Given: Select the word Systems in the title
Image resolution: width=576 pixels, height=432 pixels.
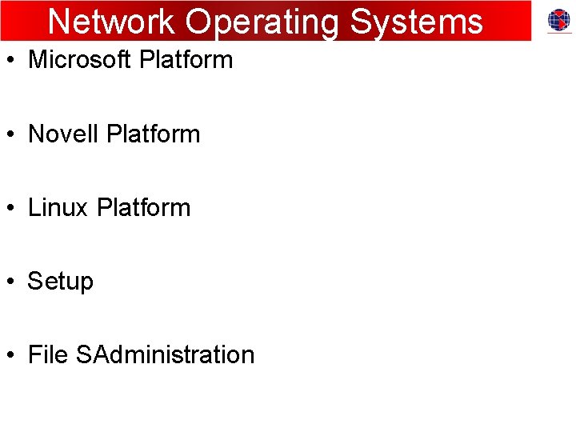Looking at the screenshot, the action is coord(417,22).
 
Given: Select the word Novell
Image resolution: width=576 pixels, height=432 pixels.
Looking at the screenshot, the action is coord(63,134).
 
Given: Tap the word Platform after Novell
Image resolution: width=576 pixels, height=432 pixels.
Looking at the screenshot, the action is coord(153,134).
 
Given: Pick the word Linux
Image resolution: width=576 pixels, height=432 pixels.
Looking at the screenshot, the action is coord(58,207).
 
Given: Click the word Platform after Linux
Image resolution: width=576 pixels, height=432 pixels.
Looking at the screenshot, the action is coord(143,207).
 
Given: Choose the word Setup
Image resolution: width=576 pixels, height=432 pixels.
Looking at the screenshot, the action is coord(61,282).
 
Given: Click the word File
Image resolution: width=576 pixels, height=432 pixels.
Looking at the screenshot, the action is coord(48,354).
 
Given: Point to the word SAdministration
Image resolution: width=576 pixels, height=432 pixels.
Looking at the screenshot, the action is coord(166,354).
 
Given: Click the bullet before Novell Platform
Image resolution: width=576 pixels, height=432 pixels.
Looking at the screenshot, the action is coord(10,134).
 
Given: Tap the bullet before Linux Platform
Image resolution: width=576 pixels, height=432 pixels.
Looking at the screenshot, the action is coord(10,208).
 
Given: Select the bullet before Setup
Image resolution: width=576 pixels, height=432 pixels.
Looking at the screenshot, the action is coord(10,282).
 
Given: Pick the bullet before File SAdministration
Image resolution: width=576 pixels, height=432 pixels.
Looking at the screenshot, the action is coord(10,355).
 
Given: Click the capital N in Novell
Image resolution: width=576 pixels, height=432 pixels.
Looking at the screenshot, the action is coord(37,134).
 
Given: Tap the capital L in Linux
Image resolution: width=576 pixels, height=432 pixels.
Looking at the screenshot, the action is coord(34,207).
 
